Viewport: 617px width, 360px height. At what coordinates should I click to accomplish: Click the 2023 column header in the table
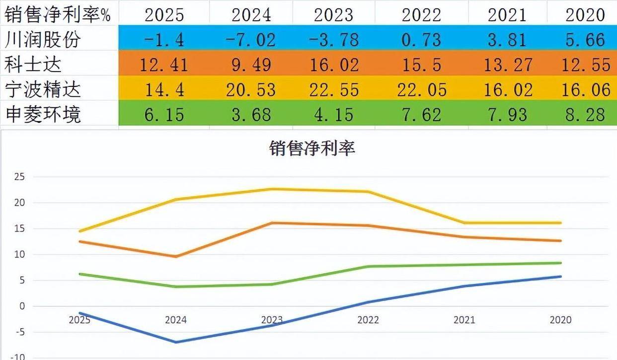pyautogui.click(x=333, y=14)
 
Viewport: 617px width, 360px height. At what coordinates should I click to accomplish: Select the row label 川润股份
pyautogui.click(x=42, y=39)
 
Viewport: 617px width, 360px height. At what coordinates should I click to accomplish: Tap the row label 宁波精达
pyautogui.click(x=42, y=89)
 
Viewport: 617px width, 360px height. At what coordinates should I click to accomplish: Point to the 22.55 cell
pyautogui.click(x=333, y=89)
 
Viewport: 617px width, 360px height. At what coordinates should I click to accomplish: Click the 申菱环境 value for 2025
pyautogui.click(x=164, y=115)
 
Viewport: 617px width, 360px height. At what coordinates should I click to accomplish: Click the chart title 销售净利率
pyautogui.click(x=312, y=148)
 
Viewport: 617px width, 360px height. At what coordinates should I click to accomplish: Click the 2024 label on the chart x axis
pyautogui.click(x=175, y=320)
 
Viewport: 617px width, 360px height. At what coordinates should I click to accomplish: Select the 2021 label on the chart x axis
pyautogui.click(x=464, y=320)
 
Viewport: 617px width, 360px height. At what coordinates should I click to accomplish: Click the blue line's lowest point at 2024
pyautogui.click(x=175, y=342)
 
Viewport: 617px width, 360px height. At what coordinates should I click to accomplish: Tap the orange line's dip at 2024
pyautogui.click(x=175, y=256)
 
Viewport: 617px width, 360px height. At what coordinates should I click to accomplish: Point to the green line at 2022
pyautogui.click(x=368, y=267)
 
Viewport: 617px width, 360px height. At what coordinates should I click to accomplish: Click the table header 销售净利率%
pyautogui.click(x=58, y=14)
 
